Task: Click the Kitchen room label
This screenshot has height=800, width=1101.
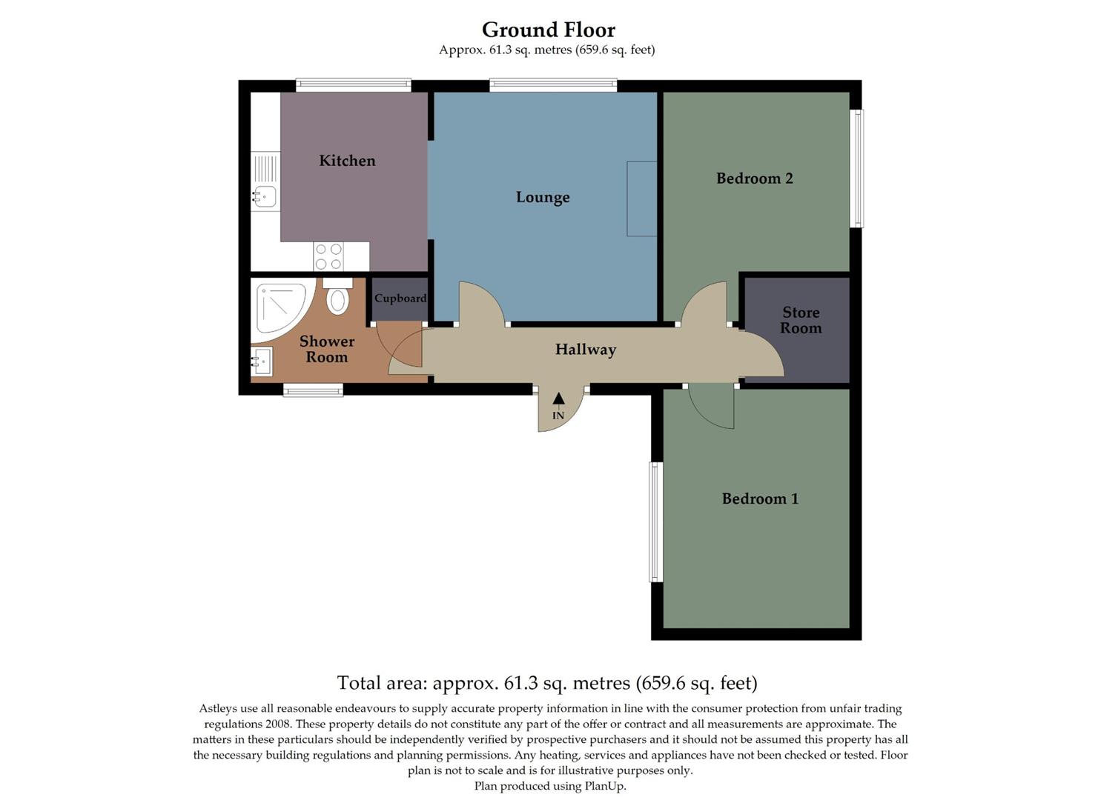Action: [347, 161]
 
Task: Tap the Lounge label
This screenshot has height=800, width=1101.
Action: [543, 197]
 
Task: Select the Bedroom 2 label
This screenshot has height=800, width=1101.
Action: [754, 179]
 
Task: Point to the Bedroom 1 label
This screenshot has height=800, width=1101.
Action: [760, 499]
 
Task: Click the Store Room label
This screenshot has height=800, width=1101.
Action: [801, 320]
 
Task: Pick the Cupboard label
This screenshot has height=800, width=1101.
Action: [400, 299]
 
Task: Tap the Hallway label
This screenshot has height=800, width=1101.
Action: [585, 350]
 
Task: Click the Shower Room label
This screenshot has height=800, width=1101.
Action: [327, 349]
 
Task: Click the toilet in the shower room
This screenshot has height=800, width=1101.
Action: [338, 296]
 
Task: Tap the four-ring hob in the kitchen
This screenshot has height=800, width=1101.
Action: [328, 257]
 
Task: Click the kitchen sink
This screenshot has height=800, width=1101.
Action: [264, 196]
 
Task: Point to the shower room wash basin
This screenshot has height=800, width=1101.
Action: [262, 362]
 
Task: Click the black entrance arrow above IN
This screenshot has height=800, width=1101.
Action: [558, 399]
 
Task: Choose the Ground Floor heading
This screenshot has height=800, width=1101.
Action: [548, 30]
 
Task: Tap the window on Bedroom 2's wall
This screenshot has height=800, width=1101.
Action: [857, 168]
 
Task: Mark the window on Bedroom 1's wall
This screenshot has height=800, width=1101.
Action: [655, 521]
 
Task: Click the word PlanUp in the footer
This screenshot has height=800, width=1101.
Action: [605, 786]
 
